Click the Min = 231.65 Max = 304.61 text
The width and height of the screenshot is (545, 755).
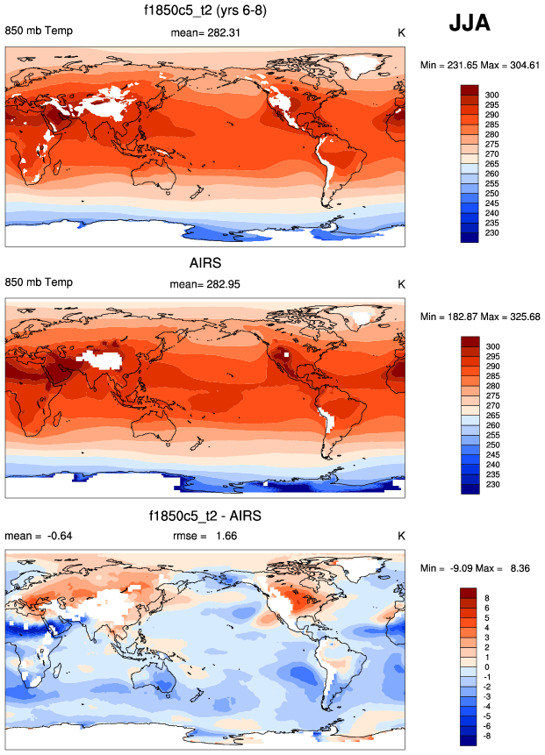point(479,65)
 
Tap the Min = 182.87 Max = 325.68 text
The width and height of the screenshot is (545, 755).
point(479,317)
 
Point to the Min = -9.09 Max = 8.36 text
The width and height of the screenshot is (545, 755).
point(479,568)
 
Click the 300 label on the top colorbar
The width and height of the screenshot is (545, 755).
point(493,94)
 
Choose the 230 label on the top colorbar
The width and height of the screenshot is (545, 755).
point(493,233)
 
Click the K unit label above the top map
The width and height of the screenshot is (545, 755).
point(401,32)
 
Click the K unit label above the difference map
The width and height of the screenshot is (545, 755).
point(401,536)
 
